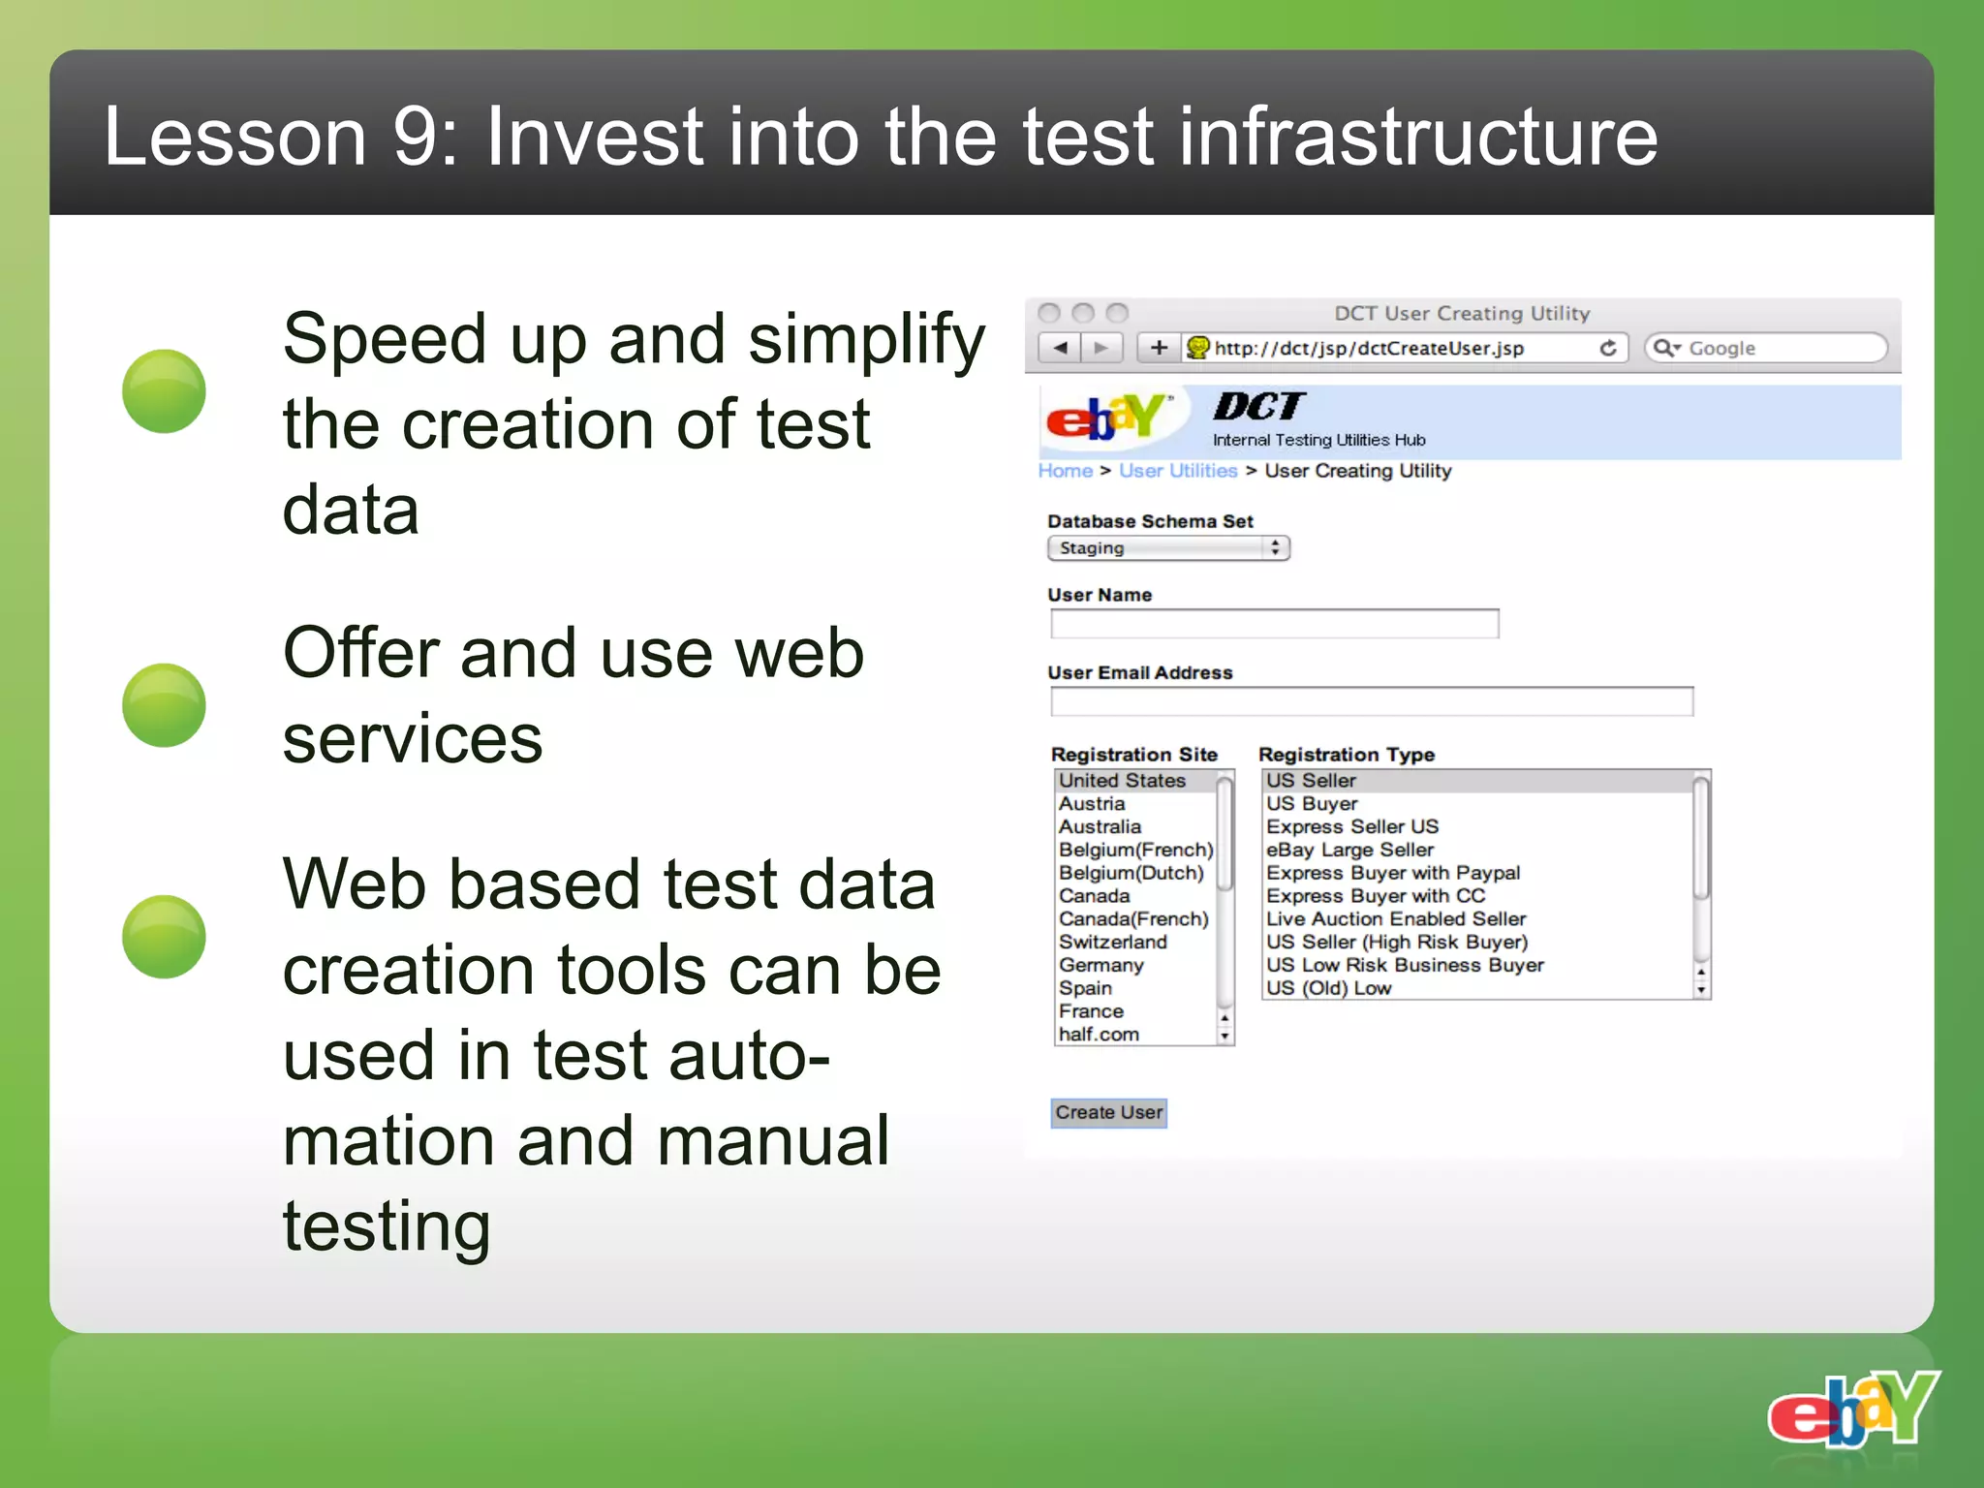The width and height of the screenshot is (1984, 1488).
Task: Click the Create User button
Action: tap(1108, 1112)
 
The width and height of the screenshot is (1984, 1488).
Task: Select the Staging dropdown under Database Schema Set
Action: tap(1167, 548)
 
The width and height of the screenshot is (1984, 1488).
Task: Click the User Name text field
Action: tap(1274, 624)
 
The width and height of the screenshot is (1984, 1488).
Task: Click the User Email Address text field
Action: tap(1371, 701)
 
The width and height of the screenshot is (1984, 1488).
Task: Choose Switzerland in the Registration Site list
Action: tap(1112, 942)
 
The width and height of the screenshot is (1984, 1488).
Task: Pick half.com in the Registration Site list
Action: tap(1099, 1034)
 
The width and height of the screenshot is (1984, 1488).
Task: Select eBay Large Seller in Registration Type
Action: tap(1349, 850)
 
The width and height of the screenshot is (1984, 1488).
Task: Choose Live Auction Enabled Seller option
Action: tap(1395, 918)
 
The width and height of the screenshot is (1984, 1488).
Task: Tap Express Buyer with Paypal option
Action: tap(1392, 873)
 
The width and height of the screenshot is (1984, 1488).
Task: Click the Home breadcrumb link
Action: tap(1065, 471)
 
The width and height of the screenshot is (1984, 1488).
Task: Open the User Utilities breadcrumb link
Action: tap(1178, 471)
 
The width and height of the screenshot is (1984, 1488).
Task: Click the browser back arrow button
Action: tap(1061, 348)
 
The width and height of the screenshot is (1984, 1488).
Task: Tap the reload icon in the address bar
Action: tap(1608, 348)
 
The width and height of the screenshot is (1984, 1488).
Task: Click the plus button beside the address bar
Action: tap(1159, 348)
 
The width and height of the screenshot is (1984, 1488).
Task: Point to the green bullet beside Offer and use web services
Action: tap(164, 705)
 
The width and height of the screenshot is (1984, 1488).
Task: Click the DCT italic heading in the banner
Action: tap(1258, 406)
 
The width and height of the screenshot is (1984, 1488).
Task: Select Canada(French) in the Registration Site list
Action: tap(1132, 918)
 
